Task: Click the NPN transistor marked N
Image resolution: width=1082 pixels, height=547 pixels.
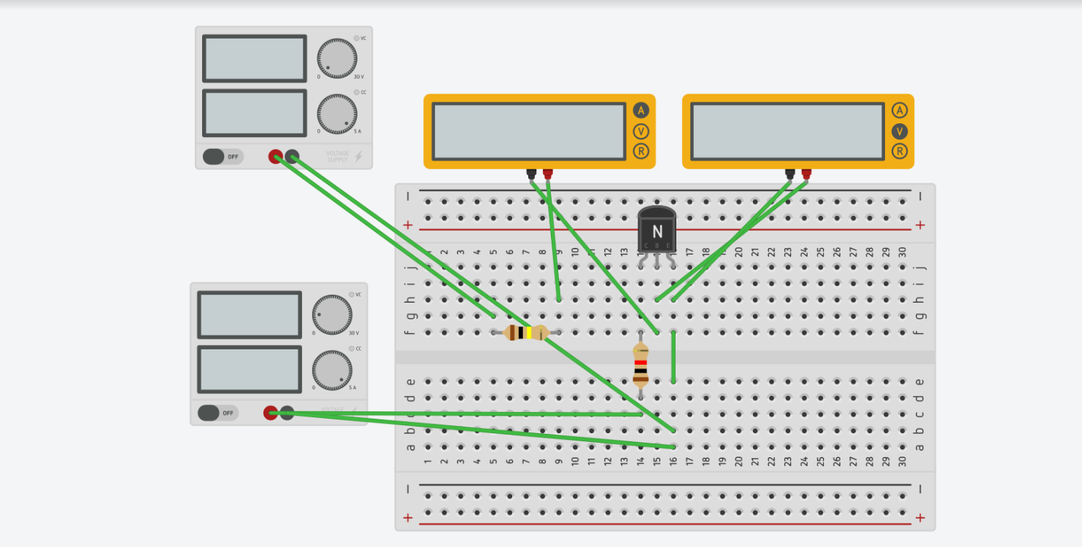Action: pyautogui.click(x=657, y=230)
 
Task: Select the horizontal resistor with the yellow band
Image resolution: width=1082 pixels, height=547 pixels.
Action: pyautogui.click(x=525, y=333)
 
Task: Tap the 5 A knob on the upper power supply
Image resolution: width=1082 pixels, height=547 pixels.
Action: pyautogui.click(x=337, y=115)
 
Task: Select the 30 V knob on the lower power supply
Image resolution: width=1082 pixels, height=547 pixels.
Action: pyautogui.click(x=332, y=315)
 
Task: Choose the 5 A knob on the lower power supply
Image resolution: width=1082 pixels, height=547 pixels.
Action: pyautogui.click(x=332, y=371)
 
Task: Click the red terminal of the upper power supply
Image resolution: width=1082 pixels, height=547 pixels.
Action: pyautogui.click(x=276, y=156)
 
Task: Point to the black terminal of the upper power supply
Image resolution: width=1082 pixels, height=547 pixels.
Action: pyautogui.click(x=292, y=156)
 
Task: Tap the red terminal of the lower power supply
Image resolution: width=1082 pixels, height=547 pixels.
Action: pyautogui.click(x=271, y=413)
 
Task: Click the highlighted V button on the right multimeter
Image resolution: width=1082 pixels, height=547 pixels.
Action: pyautogui.click(x=900, y=131)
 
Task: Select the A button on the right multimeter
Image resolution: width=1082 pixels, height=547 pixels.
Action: pyautogui.click(x=900, y=111)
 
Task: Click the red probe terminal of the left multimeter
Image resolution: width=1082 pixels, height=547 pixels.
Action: pyautogui.click(x=548, y=174)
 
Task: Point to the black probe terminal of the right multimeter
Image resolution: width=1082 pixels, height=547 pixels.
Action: pyautogui.click(x=789, y=174)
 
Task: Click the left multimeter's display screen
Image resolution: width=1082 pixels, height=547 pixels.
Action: pyautogui.click(x=529, y=131)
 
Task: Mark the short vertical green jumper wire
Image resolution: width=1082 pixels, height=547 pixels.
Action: pyautogui.click(x=673, y=357)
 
